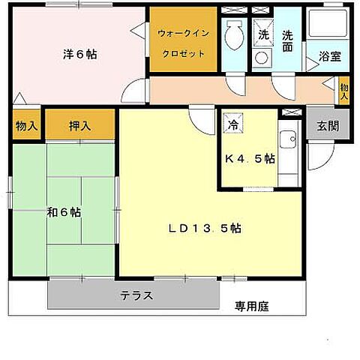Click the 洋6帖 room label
click(x=80, y=55)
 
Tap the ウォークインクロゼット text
click(x=184, y=43)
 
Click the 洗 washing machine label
click(x=263, y=34)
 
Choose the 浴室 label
click(x=331, y=55)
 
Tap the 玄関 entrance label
click(x=328, y=126)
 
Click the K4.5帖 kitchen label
click(x=250, y=159)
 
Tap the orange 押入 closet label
click(x=80, y=126)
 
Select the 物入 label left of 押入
click(x=26, y=126)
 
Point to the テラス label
click(x=137, y=295)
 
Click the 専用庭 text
click(x=251, y=306)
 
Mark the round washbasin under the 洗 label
click(x=262, y=57)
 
